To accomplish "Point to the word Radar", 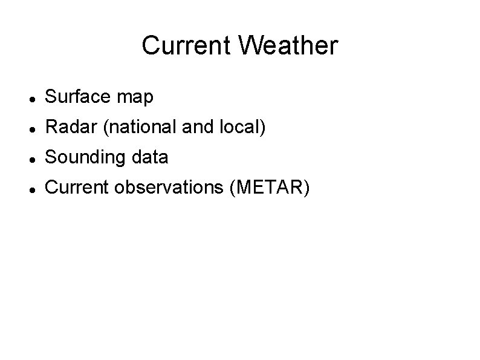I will pos(67,127).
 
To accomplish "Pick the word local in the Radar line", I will pos(241,127).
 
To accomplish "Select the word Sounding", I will pos(83,158).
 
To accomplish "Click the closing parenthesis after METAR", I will pos(306,188).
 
